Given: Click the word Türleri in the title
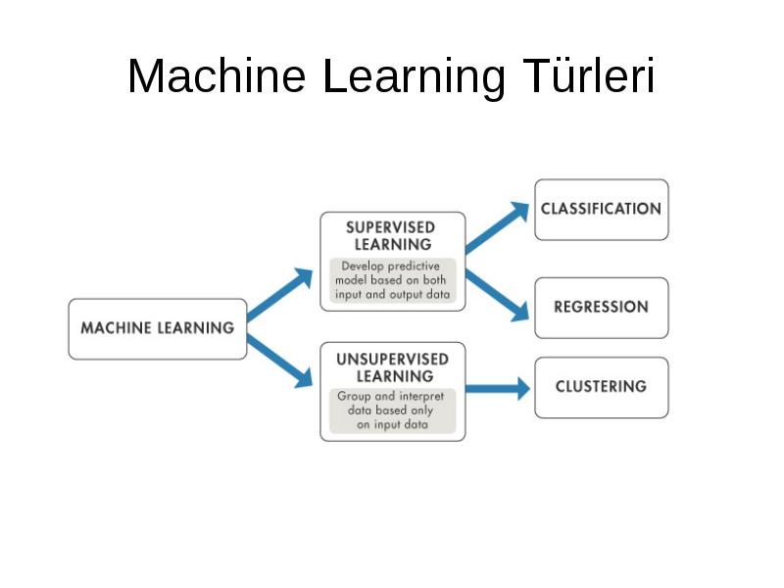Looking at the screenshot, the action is tap(589, 76).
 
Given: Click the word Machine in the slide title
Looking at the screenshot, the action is tap(217, 76).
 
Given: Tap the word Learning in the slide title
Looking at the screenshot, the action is tap(414, 78).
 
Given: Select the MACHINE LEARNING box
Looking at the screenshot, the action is tap(158, 329).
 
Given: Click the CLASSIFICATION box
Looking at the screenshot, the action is tap(602, 210).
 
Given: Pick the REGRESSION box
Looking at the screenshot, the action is tap(602, 308).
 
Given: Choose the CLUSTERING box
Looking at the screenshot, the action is tap(602, 387).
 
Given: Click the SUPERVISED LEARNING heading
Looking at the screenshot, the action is tap(392, 236).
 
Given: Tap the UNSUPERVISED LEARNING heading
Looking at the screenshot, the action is tap(393, 367).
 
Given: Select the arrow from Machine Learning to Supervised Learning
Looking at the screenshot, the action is tap(280, 293).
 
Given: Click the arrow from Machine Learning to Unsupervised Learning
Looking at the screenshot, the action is tap(280, 361).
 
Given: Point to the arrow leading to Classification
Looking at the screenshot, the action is tap(497, 227).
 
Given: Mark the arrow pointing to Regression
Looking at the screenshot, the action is tap(497, 295).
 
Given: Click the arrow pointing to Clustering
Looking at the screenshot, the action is tap(498, 388).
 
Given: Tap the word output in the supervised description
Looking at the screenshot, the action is tap(406, 296).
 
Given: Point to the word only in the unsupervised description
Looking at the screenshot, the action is tap(421, 411).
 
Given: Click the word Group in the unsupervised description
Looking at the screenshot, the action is tap(354, 397).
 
